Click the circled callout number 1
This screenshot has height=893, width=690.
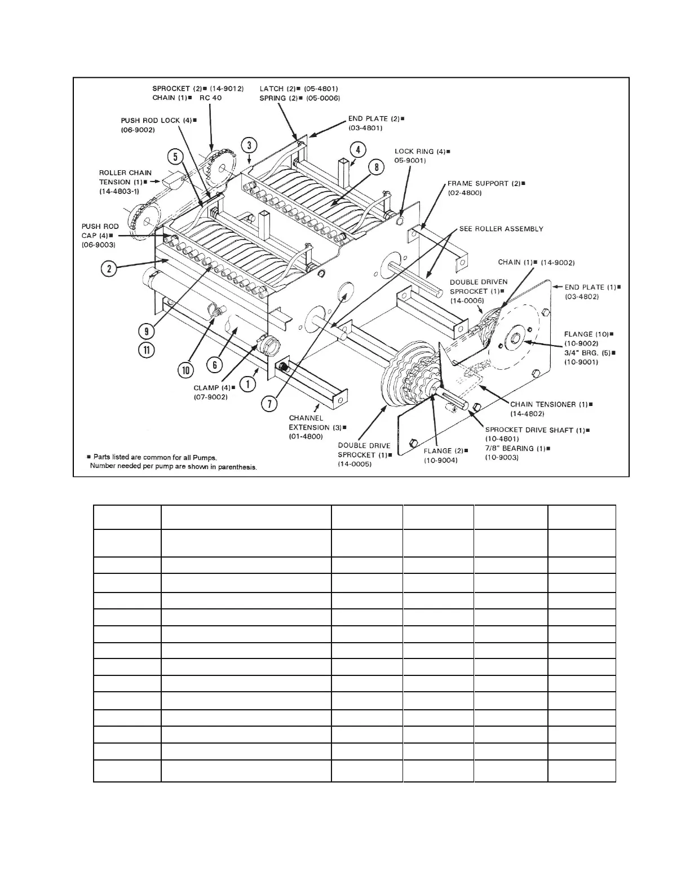247,384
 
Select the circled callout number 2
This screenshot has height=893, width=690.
109,268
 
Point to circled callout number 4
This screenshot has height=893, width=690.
357,149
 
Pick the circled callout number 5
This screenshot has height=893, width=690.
175,156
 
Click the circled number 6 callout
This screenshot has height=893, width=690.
214,365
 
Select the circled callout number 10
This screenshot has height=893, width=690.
186,370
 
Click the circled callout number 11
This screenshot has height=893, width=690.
146,350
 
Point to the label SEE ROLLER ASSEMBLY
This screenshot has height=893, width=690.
501,229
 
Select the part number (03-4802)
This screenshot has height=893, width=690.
582,297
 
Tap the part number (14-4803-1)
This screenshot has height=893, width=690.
119,191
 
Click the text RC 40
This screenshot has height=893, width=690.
211,98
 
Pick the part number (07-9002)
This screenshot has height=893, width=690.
211,397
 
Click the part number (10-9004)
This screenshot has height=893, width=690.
440,460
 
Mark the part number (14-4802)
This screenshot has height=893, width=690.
528,413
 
